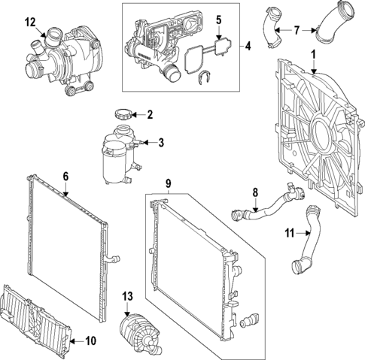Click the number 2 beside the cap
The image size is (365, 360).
[149, 115]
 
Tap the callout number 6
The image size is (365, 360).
[65, 177]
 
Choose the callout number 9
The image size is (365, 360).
[169, 183]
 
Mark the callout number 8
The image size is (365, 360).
[255, 192]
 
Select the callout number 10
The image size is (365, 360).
[91, 340]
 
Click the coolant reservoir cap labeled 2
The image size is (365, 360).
[122, 114]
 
